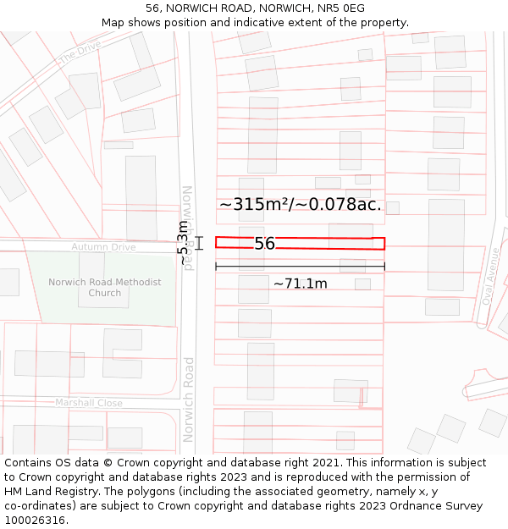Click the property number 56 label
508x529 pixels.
(264, 244)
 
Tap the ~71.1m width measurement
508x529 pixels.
(300, 284)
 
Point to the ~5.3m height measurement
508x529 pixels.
(183, 243)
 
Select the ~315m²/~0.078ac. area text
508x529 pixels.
(301, 205)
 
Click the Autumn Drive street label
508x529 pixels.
(103, 247)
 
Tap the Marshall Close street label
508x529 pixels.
(89, 403)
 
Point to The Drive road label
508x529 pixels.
(80, 53)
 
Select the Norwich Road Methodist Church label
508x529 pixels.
(104, 288)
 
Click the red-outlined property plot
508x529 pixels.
(322, 243)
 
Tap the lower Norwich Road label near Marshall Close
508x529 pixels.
(190, 400)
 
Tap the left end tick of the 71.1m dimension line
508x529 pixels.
(216, 267)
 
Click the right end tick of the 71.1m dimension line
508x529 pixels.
(384, 267)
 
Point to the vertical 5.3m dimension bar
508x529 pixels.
(200, 243)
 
